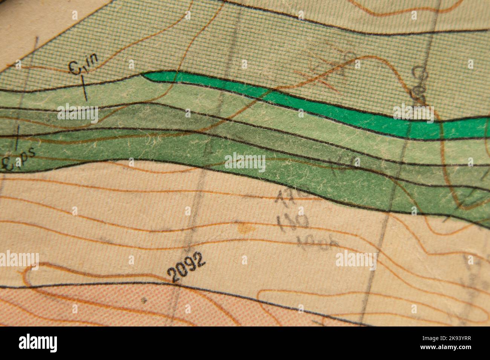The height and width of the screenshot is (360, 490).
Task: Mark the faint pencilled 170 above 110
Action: coord(292,195)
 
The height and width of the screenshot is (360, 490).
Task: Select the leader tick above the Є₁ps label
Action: coord(17,137)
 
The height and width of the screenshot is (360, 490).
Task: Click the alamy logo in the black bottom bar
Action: coord(38,343)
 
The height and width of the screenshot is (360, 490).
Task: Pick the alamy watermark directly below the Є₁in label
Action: coord(78,113)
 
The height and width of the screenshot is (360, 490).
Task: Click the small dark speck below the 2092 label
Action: coord(144,300)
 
